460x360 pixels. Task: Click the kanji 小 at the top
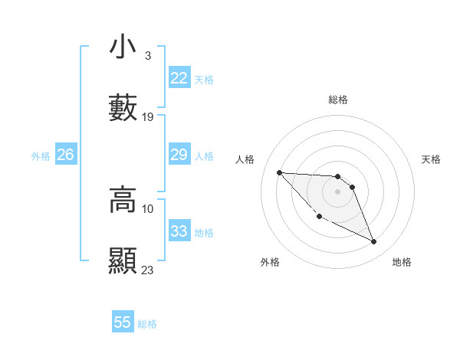123,47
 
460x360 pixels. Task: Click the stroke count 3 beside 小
147,56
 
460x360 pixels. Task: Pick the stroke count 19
148,117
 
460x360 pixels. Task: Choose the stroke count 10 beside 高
148,208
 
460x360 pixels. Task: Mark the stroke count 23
148,270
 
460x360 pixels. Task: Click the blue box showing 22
179,78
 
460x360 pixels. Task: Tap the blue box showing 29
179,155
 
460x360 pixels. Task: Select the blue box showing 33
179,231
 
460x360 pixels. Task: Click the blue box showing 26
65,155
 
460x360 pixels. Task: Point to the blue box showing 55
123,322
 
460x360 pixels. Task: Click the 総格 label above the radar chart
338,100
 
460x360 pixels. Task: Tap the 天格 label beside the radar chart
432,159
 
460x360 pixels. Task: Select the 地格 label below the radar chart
402,262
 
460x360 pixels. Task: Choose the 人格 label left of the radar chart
245,159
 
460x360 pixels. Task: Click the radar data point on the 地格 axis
374,242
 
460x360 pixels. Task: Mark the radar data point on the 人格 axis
279,172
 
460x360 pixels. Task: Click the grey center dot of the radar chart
337,191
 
